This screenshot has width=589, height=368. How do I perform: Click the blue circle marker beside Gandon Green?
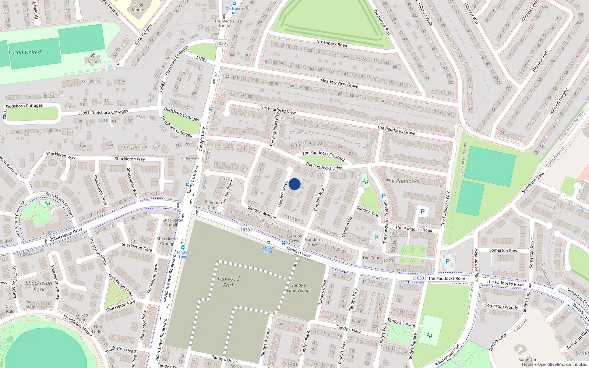pyautogui.click(x=294, y=184)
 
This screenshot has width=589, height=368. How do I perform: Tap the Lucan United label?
pyautogui.click(x=25, y=53)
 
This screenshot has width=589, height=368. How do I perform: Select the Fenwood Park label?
pyautogui.click(x=228, y=282)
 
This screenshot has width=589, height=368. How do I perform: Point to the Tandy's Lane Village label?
pyautogui.click(x=299, y=288)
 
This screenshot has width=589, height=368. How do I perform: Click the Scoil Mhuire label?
pyautogui.click(x=138, y=7)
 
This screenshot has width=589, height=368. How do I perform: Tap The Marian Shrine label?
pyautogui.click(x=224, y=23)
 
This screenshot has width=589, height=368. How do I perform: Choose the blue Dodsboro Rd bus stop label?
pyautogui.click(x=234, y=11)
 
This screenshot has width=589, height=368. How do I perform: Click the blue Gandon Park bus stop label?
pyautogui.click(x=268, y=250)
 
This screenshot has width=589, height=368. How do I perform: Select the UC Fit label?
pyautogui.click(x=93, y=62)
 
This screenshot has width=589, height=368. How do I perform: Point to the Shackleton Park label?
pyautogui.click(x=39, y=286)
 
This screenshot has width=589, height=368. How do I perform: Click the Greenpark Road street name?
pyautogui.click(x=332, y=43)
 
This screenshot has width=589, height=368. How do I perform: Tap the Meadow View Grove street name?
pyautogui.click(x=339, y=83)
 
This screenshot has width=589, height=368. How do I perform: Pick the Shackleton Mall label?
pyautogui.click(x=173, y=223)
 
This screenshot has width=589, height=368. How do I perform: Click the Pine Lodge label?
pyautogui.click(x=98, y=329)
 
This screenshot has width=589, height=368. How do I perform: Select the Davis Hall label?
pyautogui.click(x=10, y=309)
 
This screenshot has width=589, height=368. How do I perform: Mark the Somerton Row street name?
pyautogui.click(x=503, y=250)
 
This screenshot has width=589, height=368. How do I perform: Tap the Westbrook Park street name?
pyautogui.click(x=382, y=22)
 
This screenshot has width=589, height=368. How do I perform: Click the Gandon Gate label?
pyautogui.click(x=212, y=205)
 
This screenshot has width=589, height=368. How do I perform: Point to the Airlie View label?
pyautogui.click(x=190, y=158)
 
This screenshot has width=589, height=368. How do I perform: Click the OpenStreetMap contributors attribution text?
pyautogui.click(x=562, y=364)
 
